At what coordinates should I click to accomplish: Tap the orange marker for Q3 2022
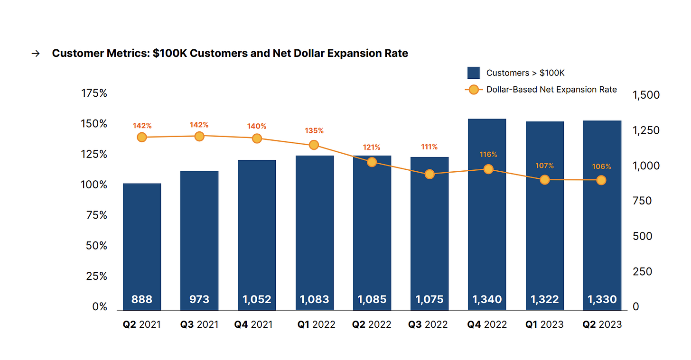click(430, 174)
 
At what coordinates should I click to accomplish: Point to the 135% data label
click(314, 130)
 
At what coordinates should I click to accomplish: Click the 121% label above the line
click(372, 148)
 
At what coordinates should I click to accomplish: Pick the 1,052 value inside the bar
click(257, 299)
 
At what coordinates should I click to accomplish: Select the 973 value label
click(199, 299)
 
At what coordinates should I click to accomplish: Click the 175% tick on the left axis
click(94, 93)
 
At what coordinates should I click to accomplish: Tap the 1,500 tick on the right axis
click(646, 95)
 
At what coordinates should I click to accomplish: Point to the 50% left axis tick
click(96, 246)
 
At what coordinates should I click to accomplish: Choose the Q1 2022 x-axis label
click(316, 325)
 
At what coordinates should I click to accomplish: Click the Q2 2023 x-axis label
click(602, 325)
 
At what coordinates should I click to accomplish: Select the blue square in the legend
click(473, 73)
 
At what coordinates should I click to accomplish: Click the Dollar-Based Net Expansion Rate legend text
click(551, 90)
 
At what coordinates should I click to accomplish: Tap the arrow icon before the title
click(35, 54)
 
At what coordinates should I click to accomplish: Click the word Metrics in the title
click(129, 53)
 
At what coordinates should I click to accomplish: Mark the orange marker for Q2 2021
click(142, 137)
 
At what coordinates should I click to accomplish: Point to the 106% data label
click(601, 166)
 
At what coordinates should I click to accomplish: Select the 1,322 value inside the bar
click(544, 299)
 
